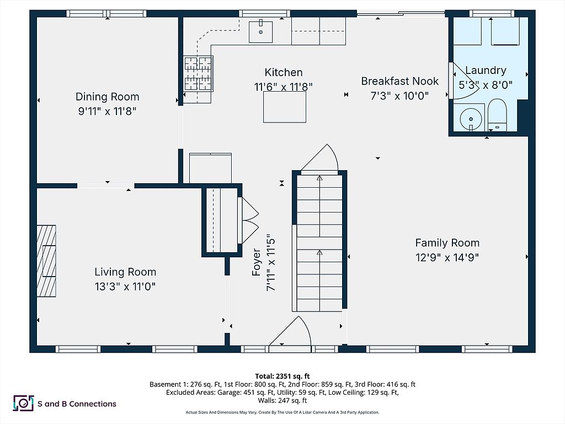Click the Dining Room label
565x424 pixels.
107,97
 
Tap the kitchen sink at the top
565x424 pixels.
260,31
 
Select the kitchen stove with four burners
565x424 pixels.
198,73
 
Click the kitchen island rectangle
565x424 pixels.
284,107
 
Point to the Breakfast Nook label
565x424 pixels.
399,81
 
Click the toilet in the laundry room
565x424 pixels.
498,115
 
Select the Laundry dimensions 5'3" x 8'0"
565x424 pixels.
486,85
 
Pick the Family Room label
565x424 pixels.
447,243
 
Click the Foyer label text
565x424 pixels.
257,262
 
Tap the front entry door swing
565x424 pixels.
292,333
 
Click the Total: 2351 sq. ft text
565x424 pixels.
282,375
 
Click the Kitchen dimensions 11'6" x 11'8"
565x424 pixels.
284,87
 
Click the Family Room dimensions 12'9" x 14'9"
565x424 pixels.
447,257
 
